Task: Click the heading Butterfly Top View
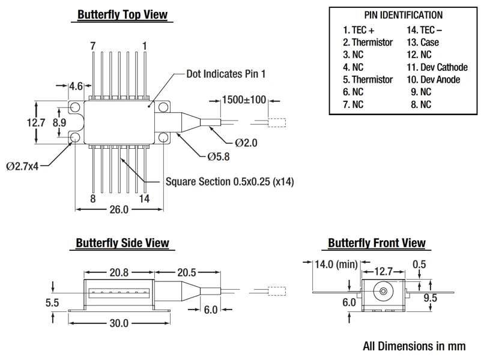(123, 14)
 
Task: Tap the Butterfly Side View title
(123, 243)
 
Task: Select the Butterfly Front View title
(377, 243)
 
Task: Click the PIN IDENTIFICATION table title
(404, 15)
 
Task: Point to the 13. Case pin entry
(422, 42)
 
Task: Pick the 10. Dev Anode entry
(433, 79)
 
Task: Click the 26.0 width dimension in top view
(118, 210)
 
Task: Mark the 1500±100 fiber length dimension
(244, 100)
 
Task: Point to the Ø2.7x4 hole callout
(23, 166)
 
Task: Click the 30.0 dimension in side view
(118, 323)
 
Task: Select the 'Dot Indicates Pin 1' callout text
(226, 74)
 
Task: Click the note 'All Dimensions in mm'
(414, 346)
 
